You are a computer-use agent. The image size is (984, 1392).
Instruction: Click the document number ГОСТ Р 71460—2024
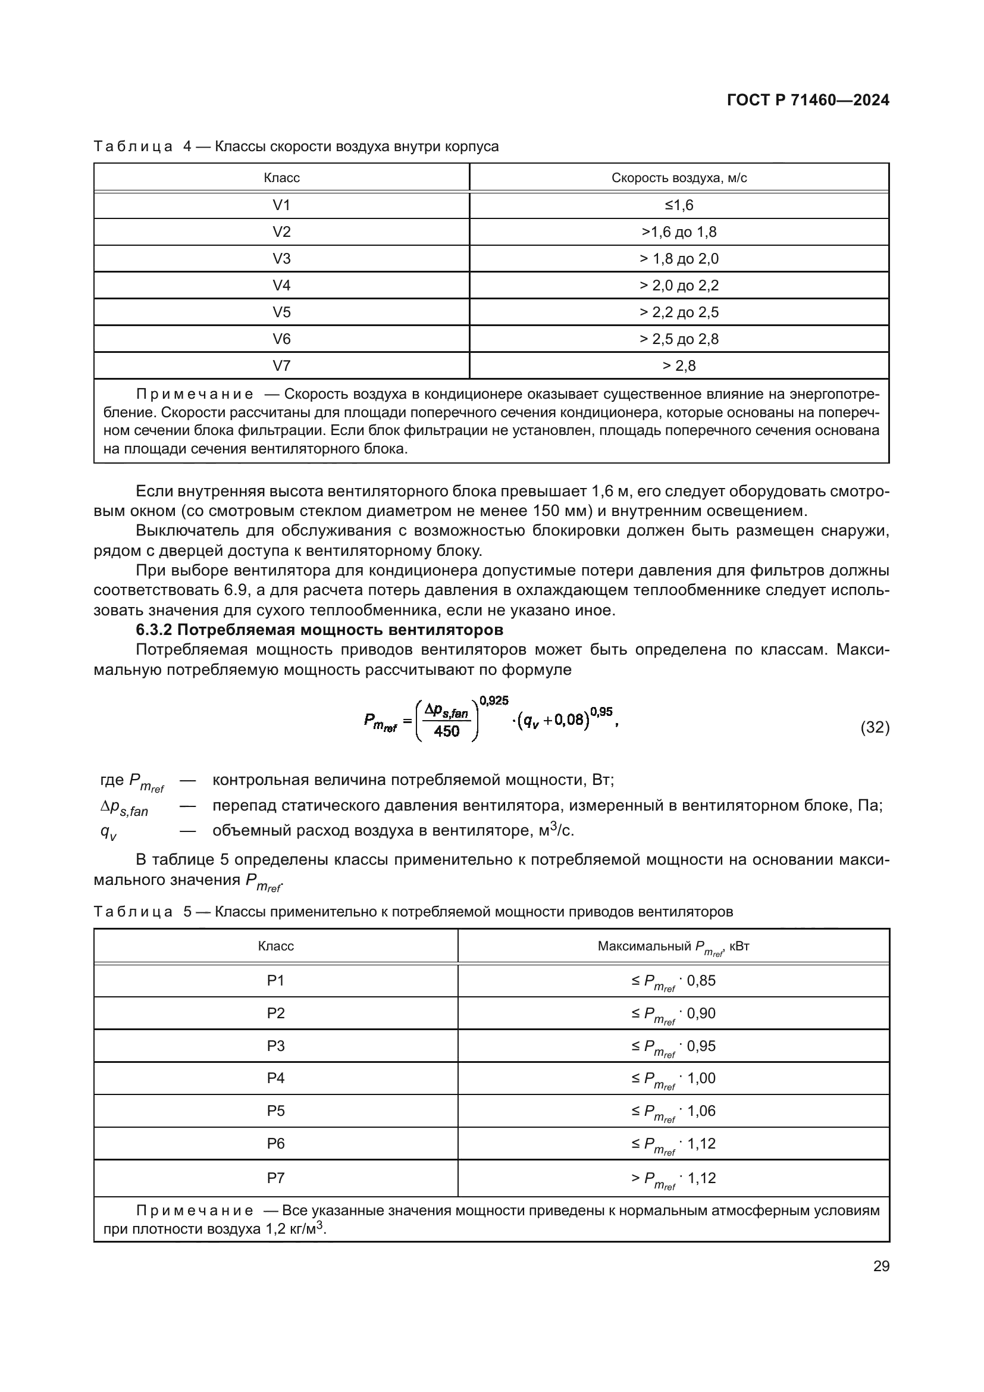pos(808,100)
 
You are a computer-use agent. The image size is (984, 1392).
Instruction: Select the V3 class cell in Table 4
pos(281,259)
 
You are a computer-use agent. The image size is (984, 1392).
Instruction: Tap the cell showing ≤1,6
pos(679,205)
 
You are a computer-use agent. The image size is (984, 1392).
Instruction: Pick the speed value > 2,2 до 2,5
pos(679,312)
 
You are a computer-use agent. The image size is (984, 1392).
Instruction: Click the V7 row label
pos(281,365)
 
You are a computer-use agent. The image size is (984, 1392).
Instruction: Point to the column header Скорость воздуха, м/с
pos(679,177)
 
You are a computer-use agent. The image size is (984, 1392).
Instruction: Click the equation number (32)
pos(875,727)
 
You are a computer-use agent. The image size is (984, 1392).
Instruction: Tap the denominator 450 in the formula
pos(447,731)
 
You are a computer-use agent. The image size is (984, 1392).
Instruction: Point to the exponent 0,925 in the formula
pos(494,701)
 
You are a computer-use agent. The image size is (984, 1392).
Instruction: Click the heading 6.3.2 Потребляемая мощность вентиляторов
pos(319,630)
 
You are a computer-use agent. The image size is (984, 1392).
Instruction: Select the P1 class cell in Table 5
pos(275,980)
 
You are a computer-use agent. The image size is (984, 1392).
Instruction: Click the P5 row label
pos(275,1111)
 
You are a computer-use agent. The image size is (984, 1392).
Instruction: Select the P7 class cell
pos(275,1178)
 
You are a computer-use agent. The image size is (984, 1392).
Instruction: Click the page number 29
pos(881,1266)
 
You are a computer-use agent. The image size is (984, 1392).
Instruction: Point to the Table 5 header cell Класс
pos(275,946)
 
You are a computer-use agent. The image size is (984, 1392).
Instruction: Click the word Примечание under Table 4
pos(195,395)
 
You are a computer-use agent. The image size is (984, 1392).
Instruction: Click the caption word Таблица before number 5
pos(133,912)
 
